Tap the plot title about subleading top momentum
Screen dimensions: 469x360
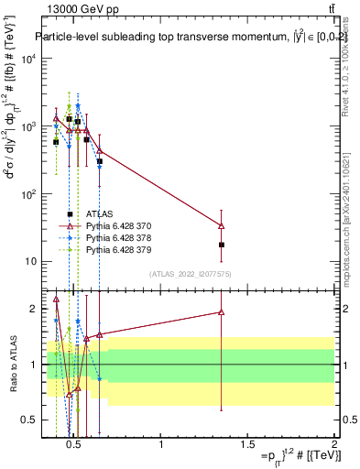coord(183,38)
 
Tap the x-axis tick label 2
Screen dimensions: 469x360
coord(333,445)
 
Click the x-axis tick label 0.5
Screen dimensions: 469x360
coord(77,445)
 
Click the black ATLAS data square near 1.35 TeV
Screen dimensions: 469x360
coord(222,245)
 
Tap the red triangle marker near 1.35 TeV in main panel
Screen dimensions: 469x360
coord(222,225)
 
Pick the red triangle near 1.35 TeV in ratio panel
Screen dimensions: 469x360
coord(222,312)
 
